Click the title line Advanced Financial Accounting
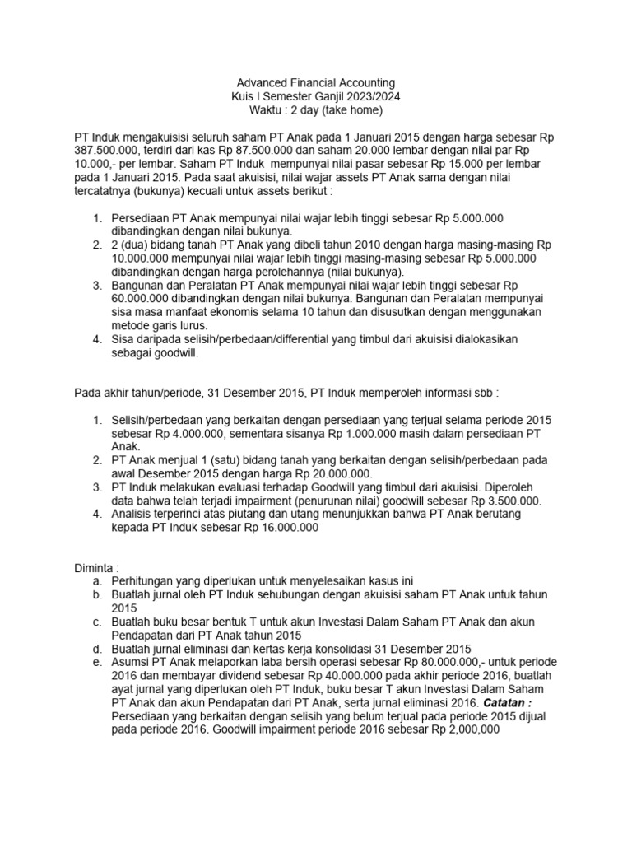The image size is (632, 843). click(x=316, y=83)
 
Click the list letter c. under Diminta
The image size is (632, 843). click(x=98, y=622)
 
